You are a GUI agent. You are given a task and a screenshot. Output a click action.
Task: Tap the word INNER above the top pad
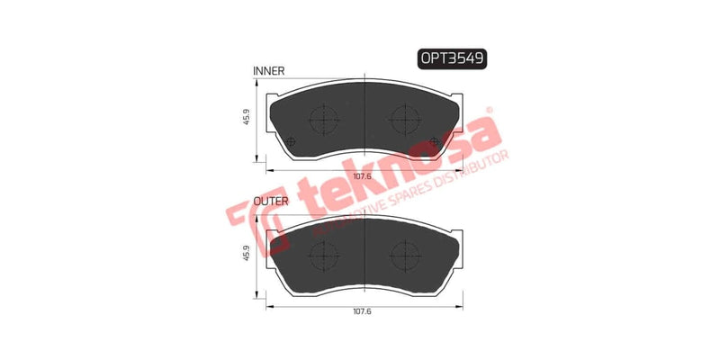(269, 69)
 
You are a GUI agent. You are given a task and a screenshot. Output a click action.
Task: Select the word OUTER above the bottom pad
(271, 201)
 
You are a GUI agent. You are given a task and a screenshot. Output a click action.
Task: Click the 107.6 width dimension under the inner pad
(361, 176)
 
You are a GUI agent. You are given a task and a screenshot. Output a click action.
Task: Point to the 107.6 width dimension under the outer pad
(361, 310)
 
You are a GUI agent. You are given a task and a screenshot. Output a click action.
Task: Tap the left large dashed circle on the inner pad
(322, 117)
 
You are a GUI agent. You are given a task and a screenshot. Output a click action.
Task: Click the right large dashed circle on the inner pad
(401, 117)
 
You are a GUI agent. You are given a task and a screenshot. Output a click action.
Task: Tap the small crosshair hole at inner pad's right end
(436, 140)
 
